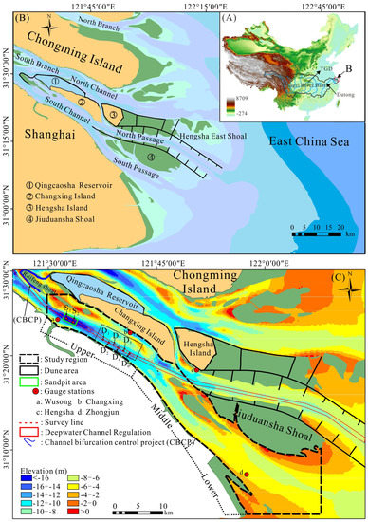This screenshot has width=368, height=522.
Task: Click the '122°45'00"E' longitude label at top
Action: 327,6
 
